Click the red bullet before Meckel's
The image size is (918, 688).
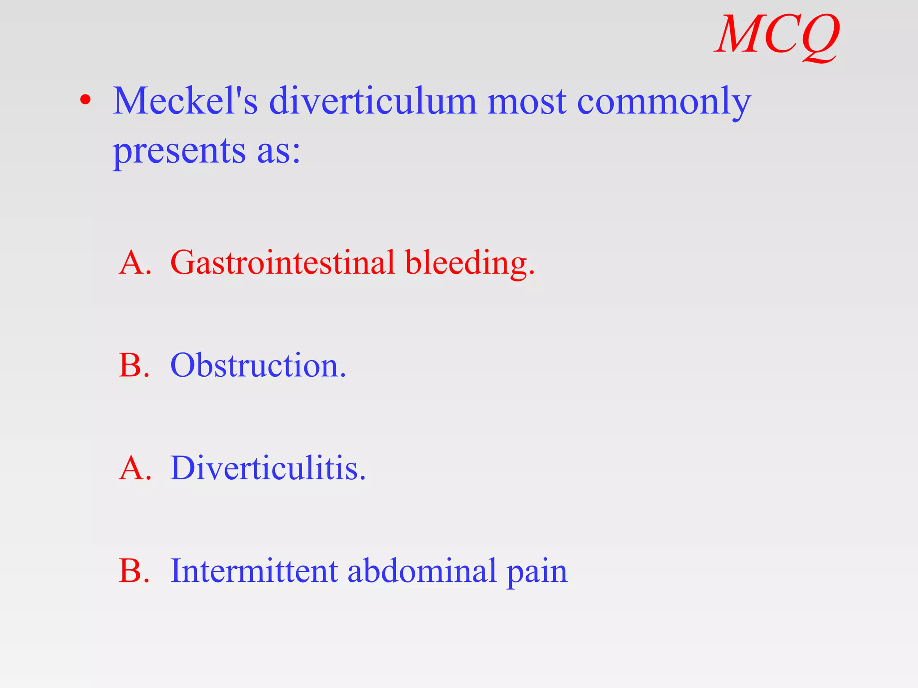(x=86, y=100)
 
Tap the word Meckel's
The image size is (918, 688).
(x=185, y=101)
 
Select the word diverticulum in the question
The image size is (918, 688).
(x=373, y=101)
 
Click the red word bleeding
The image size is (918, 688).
(x=469, y=263)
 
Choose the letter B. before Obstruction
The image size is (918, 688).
(x=134, y=365)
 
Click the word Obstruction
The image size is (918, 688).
(x=258, y=365)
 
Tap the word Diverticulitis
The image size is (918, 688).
(x=268, y=469)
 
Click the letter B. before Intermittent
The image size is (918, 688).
(x=134, y=572)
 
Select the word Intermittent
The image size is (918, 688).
(x=254, y=572)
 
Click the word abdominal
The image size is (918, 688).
(x=422, y=572)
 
